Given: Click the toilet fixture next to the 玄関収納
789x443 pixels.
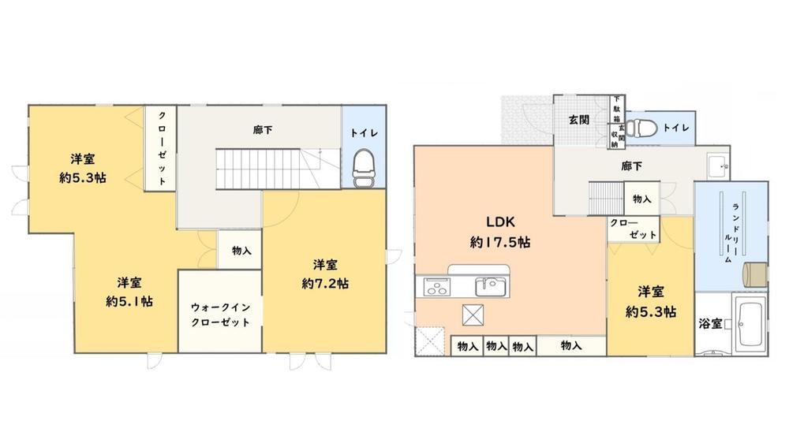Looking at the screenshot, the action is tap(642, 127).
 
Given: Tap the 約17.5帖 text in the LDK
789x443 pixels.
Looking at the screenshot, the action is tap(500, 242).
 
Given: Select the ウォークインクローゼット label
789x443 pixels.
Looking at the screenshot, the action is tap(220, 315).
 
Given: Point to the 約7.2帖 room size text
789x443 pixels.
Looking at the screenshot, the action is tap(325, 284).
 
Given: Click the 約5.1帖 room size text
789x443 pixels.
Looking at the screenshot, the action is tap(129, 302).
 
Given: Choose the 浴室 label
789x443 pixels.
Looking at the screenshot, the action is tap(711, 324).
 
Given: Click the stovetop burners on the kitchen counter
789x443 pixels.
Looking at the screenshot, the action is tap(437, 287).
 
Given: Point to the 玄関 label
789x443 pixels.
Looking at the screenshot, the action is tap(578, 120).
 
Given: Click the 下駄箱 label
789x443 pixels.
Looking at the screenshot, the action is tap(616, 109).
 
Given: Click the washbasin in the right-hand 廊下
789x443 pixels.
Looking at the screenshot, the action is tap(717, 166).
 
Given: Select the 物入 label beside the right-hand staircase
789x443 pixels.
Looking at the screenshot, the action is tap(641, 199).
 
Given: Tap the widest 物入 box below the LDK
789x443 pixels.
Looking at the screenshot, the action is tap(571, 346).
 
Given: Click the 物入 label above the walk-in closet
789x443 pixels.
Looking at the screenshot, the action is tap(241, 250).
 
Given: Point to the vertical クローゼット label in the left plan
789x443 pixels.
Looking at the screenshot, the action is tap(162, 148).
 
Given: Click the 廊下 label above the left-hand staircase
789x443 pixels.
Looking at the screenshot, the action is tap(263, 130).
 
